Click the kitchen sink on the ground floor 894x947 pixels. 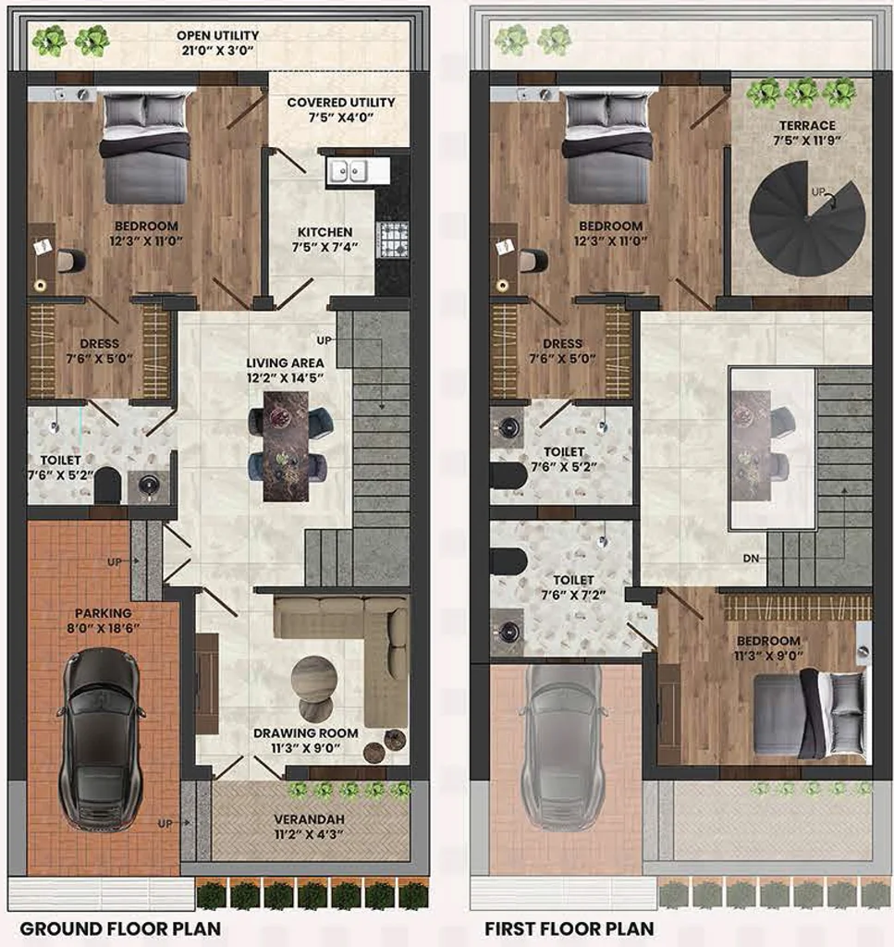tap(348, 170)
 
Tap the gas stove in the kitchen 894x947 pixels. tap(393, 240)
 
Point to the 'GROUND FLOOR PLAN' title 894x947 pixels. tap(121, 929)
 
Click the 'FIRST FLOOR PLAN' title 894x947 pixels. tap(569, 929)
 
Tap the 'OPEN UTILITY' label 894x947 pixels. tap(218, 36)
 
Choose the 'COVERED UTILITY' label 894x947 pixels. tap(341, 103)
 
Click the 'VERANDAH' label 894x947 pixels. tap(309, 819)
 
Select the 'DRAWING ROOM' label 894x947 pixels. tap(305, 733)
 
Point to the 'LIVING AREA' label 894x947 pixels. tap(285, 363)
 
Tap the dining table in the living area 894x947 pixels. tap(286, 447)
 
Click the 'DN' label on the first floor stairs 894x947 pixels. tap(751, 559)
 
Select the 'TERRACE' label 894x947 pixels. tap(807, 126)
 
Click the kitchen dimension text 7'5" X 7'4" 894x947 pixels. tap(325, 247)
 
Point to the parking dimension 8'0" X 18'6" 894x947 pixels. tap(104, 628)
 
